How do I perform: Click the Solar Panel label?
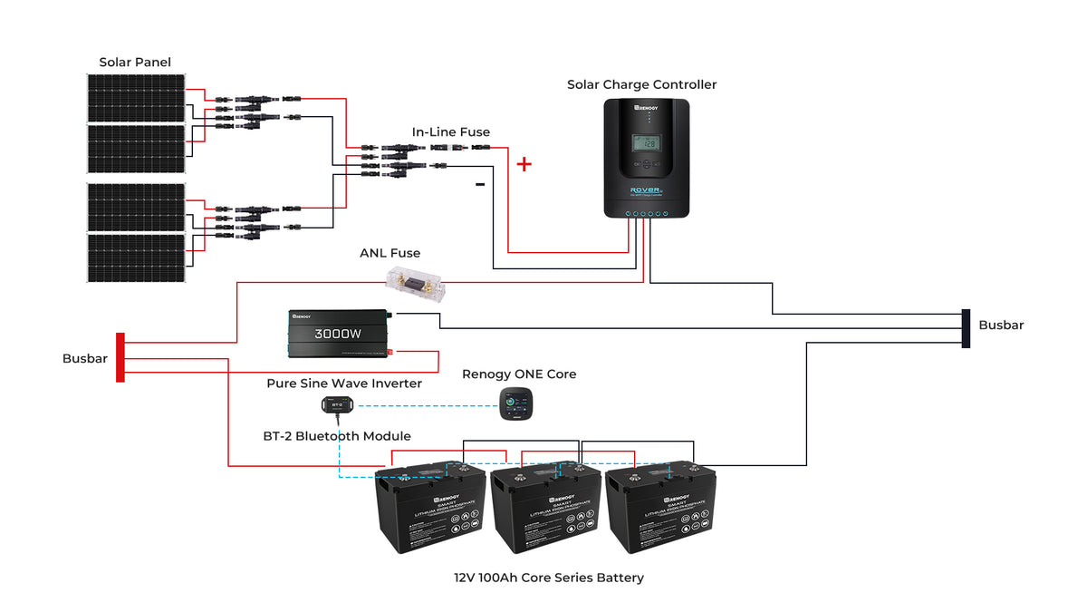(135, 63)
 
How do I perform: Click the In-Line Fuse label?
(451, 132)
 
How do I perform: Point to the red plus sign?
(524, 164)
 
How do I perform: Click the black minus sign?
(480, 185)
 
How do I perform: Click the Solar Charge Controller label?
(641, 84)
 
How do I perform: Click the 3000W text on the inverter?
(338, 334)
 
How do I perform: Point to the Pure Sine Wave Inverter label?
(344, 384)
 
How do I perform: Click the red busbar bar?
(120, 357)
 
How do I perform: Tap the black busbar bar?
(966, 328)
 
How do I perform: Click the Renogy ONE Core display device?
(519, 403)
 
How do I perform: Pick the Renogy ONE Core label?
(519, 374)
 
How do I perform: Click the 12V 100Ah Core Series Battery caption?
(549, 578)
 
